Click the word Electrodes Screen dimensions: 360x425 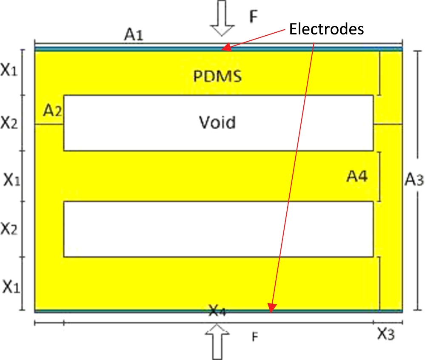click(326, 29)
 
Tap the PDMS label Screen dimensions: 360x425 click(217, 77)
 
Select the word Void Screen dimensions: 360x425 click(217, 123)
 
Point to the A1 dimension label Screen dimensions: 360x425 click(133, 36)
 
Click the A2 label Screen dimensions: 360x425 click(53, 111)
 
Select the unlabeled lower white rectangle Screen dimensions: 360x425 click(218, 229)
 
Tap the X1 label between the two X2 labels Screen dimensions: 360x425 click(12, 180)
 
